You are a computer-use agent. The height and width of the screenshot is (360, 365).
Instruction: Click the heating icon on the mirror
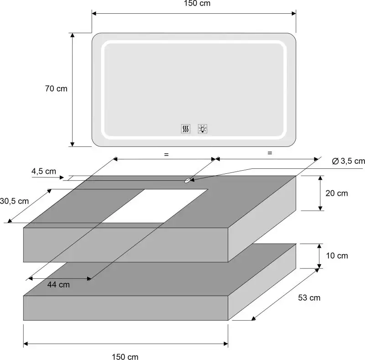(186, 129)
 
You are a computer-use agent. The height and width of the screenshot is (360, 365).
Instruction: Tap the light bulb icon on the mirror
(203, 129)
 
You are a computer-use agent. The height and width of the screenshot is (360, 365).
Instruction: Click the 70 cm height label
(56, 89)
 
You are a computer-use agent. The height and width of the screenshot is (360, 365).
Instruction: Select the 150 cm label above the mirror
(197, 3)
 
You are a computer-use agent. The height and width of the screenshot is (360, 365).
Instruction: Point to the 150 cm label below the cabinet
(125, 356)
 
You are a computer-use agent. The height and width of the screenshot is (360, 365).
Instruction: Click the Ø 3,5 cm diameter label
(348, 161)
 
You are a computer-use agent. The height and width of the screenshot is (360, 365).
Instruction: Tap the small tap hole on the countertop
(188, 180)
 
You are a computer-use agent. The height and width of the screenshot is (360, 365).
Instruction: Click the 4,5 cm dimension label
(44, 172)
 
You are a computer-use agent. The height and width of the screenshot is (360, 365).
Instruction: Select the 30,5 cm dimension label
(14, 201)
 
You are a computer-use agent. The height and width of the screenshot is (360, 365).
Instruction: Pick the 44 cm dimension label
(58, 285)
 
